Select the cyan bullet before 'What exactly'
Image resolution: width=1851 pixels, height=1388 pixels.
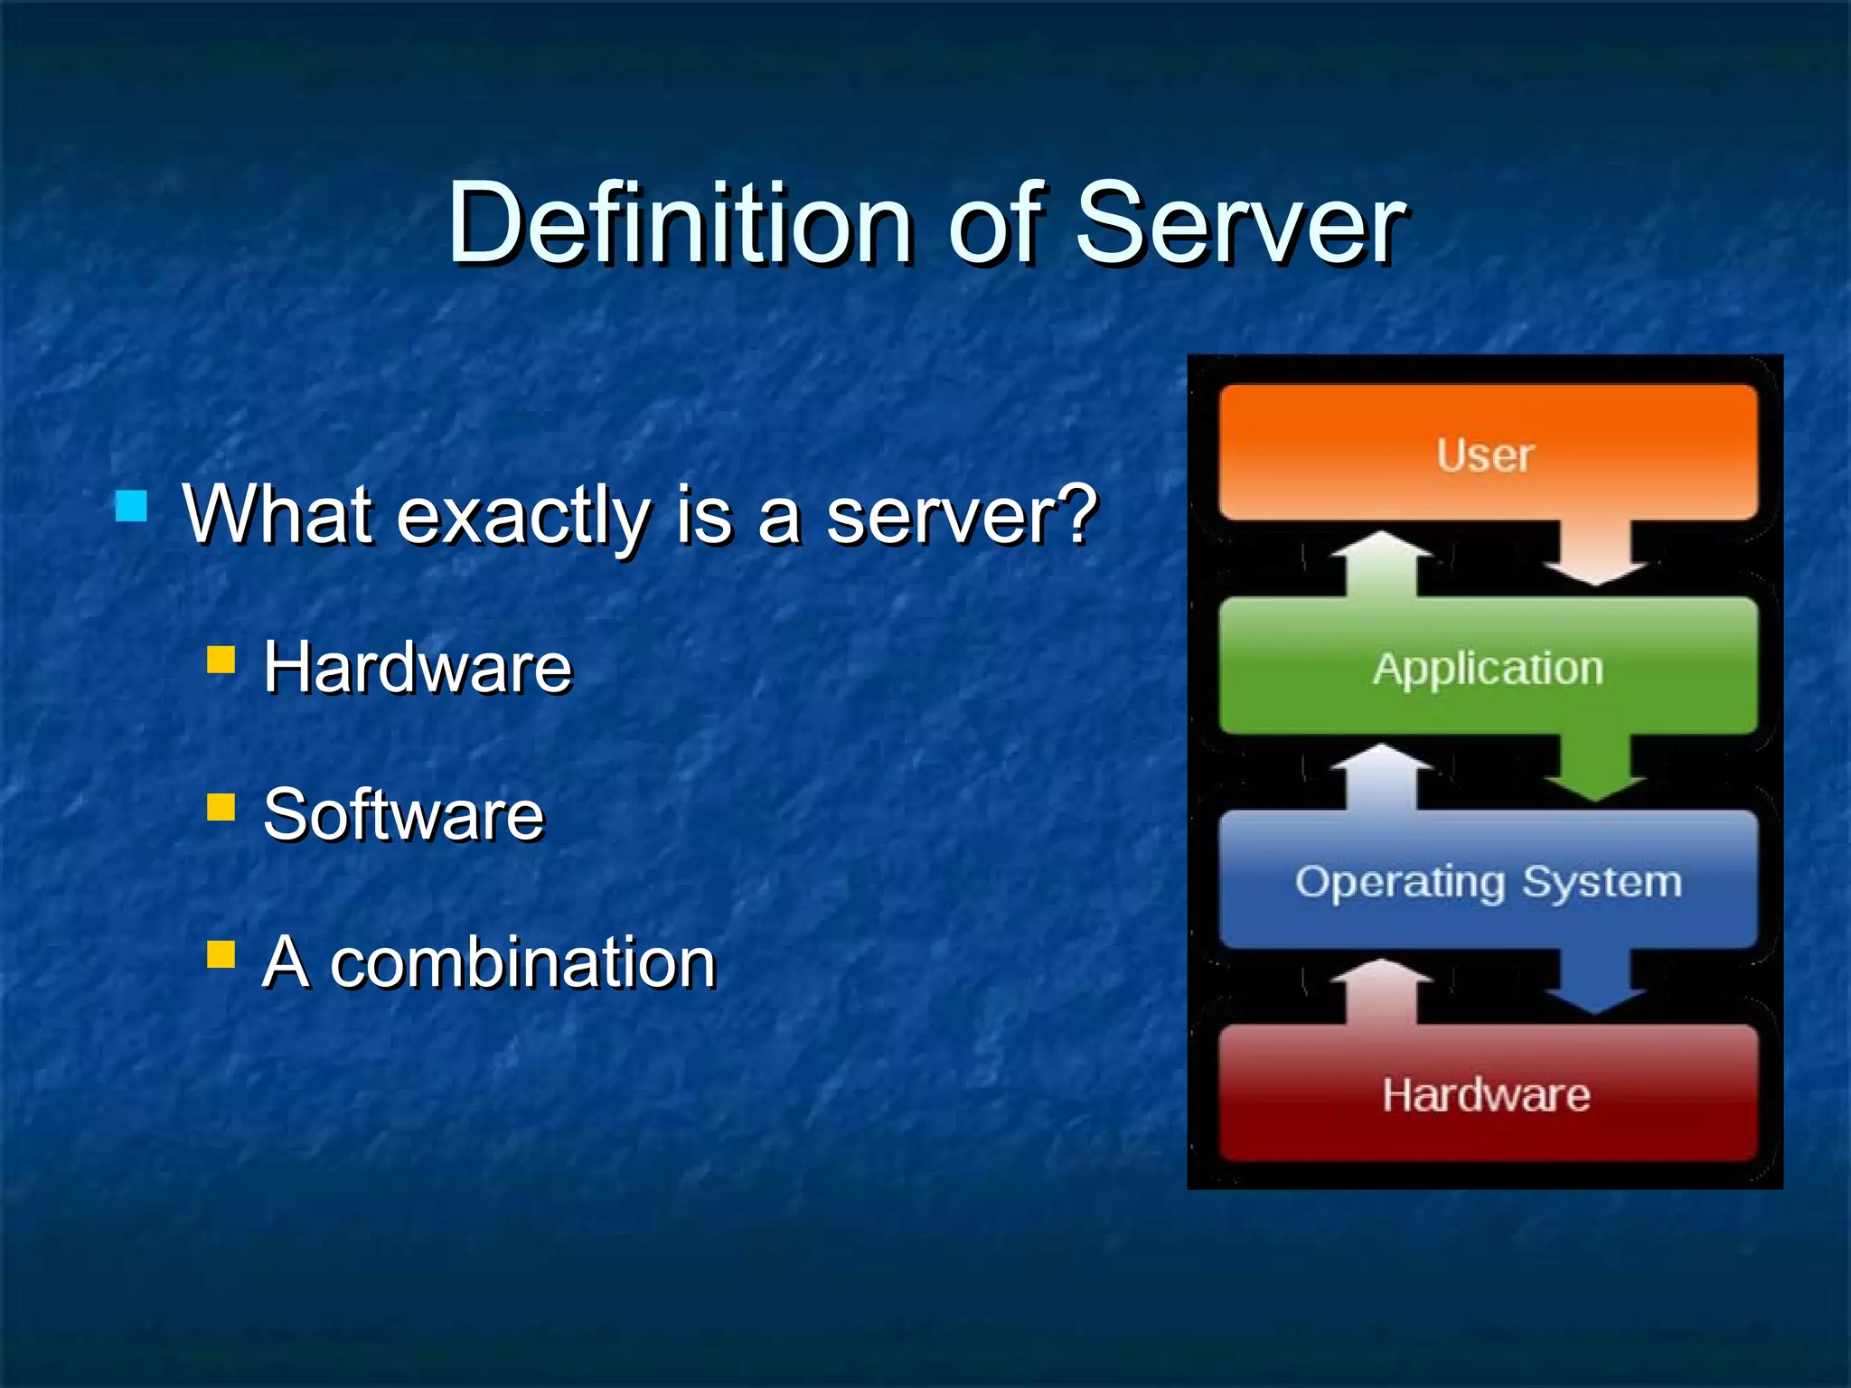[x=132, y=506]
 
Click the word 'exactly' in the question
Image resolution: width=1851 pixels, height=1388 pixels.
[x=524, y=517]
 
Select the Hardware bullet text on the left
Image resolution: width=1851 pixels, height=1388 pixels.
[x=418, y=667]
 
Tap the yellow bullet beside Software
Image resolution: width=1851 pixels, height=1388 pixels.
[x=221, y=806]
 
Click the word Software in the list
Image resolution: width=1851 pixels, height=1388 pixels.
[x=404, y=815]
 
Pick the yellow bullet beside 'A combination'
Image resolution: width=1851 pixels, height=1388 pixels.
[x=221, y=954]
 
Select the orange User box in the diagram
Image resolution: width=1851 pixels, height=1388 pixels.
[x=1487, y=453]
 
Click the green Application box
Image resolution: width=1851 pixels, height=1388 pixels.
[x=1487, y=667]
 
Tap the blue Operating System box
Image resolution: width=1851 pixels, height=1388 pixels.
[x=1487, y=880]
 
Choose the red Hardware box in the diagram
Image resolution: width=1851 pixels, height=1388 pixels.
[x=1487, y=1093]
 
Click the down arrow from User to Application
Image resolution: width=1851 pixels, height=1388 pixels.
[x=1595, y=553]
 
